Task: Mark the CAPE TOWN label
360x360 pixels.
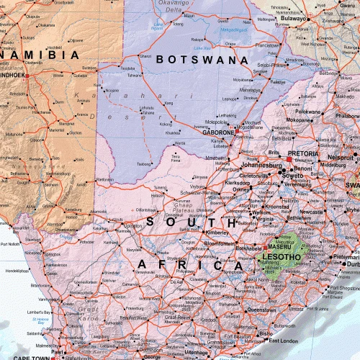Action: (x=30, y=356)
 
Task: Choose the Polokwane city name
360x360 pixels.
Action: (x=309, y=112)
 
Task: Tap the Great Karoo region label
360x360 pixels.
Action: (x=91, y=312)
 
